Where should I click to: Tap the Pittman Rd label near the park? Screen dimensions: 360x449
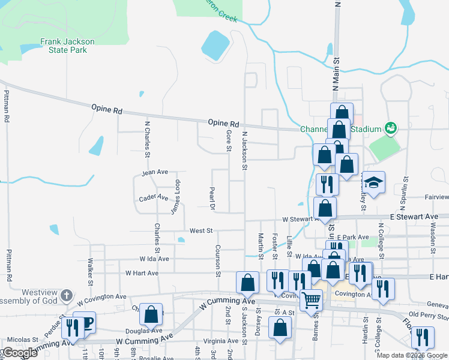(x=7, y=106)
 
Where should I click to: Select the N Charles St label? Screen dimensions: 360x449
(x=146, y=137)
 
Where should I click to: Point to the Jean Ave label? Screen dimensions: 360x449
(x=155, y=172)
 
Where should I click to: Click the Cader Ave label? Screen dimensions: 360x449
(x=153, y=197)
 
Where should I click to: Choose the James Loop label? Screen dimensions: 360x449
(x=175, y=197)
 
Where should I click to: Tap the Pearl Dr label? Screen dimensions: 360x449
(x=211, y=199)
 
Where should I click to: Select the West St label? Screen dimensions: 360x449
(x=201, y=230)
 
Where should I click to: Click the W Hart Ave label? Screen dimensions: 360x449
(x=142, y=273)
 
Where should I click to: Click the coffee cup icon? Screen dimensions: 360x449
(x=85, y=322)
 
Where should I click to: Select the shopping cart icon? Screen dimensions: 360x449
(x=310, y=299)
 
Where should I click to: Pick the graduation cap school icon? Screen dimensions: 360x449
(x=373, y=182)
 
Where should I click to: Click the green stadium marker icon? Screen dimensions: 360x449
(x=391, y=127)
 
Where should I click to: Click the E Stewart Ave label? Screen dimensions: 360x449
(x=414, y=216)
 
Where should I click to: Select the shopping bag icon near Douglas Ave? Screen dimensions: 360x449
(x=152, y=314)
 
